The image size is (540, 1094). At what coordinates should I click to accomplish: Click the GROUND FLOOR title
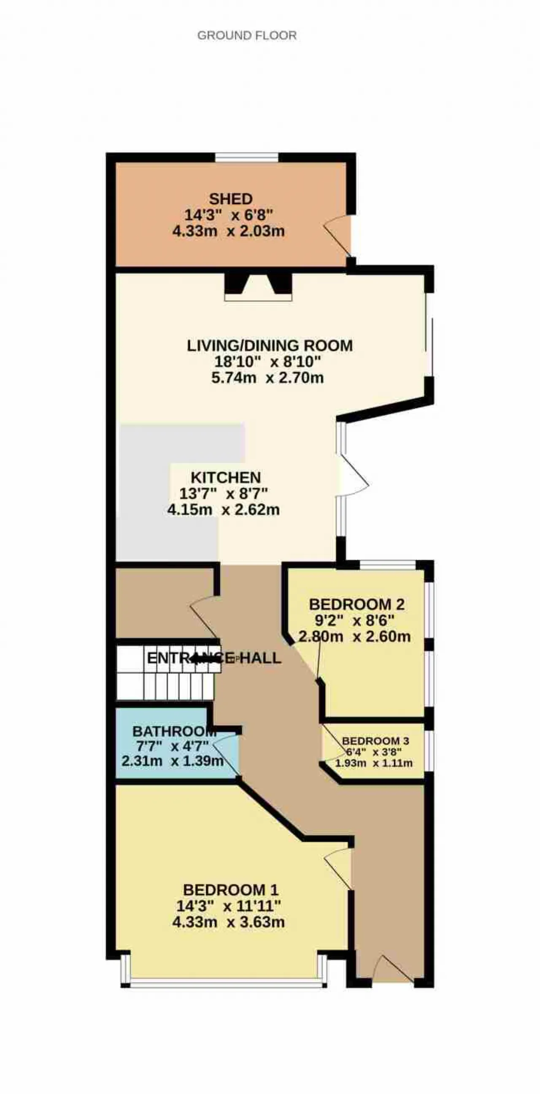(247, 35)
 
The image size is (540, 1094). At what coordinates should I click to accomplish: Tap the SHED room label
(231, 199)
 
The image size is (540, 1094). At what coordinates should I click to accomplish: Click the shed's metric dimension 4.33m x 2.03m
(228, 232)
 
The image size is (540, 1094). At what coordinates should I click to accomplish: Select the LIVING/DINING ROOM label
(270, 345)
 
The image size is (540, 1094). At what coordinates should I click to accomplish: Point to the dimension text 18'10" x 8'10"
(267, 362)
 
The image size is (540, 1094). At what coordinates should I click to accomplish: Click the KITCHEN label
(226, 477)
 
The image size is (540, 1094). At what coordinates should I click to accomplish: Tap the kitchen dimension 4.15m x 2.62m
(224, 510)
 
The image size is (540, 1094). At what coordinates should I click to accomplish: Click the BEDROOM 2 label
(357, 604)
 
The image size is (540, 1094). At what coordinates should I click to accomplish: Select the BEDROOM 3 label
(375, 741)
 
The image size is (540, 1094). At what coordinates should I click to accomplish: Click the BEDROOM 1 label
(230, 890)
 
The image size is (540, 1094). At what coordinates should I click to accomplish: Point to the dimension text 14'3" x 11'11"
(228, 906)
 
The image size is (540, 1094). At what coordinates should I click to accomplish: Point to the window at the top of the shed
(247, 157)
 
